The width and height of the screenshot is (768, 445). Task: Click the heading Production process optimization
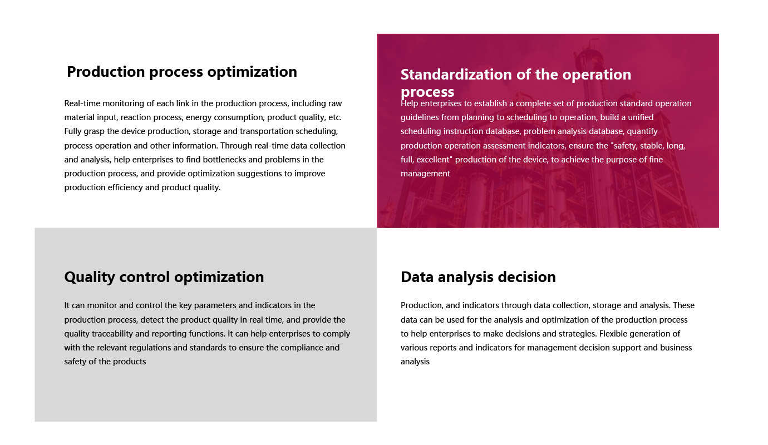point(182,72)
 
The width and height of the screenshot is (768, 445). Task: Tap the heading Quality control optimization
point(164,277)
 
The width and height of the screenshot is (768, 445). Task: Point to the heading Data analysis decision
point(478,277)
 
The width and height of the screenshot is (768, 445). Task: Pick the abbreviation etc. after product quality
point(335,117)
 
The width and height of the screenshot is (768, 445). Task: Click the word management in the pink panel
point(425,174)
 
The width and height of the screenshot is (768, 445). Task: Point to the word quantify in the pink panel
point(642,131)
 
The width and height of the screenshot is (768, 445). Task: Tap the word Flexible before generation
point(613,334)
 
